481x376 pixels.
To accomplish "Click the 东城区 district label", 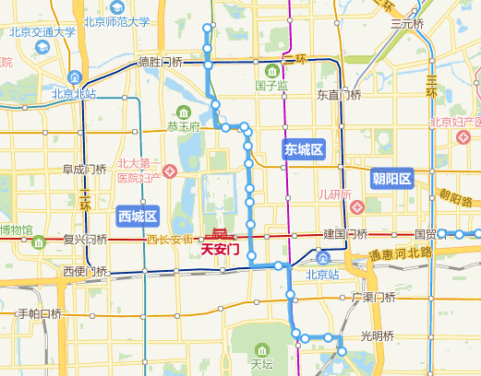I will click(x=303, y=148).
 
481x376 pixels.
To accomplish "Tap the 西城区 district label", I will click(x=139, y=217).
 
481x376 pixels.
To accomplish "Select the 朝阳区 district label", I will click(x=391, y=178).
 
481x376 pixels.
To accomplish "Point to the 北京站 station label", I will click(x=323, y=273).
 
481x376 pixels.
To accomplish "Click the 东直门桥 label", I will click(x=339, y=94).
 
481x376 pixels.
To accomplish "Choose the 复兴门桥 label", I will click(x=85, y=240).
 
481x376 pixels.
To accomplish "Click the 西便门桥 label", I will click(x=86, y=272).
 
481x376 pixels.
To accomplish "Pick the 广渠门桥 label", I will click(x=374, y=298).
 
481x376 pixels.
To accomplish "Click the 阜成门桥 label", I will click(x=85, y=170).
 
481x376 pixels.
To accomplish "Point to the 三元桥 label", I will click(x=406, y=24).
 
